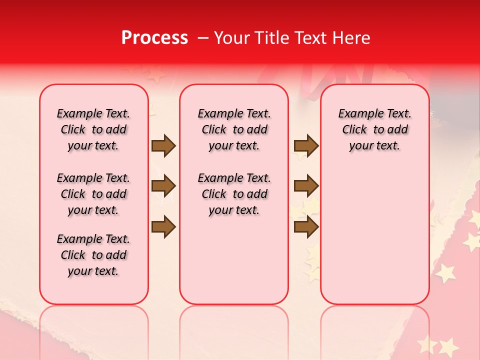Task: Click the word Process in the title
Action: pyautogui.click(x=154, y=38)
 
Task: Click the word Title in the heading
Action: pyautogui.click(x=271, y=38)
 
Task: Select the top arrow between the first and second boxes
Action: pyautogui.click(x=163, y=146)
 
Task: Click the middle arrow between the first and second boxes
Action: pyautogui.click(x=163, y=186)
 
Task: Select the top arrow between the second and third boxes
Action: pyautogui.click(x=306, y=146)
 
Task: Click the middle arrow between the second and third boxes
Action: pyautogui.click(x=306, y=186)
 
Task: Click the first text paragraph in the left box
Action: pyautogui.click(x=93, y=129)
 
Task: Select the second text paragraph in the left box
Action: pyautogui.click(x=93, y=194)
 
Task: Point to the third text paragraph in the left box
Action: pyautogui.click(x=93, y=255)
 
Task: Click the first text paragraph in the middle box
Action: pyautogui.click(x=234, y=129)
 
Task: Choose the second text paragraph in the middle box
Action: pyautogui.click(x=234, y=194)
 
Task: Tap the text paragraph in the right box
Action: pyautogui.click(x=375, y=129)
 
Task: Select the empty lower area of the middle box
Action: pyautogui.click(x=234, y=260)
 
